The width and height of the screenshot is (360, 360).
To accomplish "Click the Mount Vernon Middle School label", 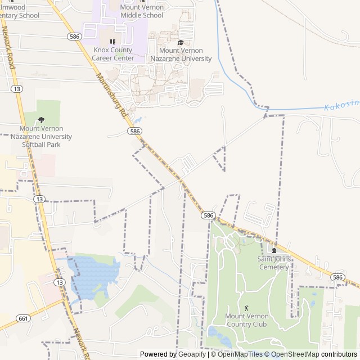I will click(x=142, y=11).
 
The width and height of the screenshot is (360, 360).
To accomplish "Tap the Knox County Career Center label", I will click(x=113, y=54).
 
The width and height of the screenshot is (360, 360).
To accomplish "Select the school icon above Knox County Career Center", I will click(x=112, y=42).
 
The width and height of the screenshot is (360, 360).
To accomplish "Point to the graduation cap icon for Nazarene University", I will click(x=181, y=43).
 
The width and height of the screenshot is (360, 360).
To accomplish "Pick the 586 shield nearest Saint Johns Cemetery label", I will click(x=337, y=277).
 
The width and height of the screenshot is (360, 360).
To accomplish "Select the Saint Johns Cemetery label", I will click(x=273, y=263).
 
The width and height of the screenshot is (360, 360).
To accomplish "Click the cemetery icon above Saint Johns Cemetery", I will click(x=274, y=251).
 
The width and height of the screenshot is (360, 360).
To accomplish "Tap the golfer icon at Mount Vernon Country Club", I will click(x=246, y=308).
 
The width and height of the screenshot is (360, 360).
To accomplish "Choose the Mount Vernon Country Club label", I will click(x=246, y=320).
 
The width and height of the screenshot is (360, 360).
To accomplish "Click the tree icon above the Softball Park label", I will click(x=41, y=120).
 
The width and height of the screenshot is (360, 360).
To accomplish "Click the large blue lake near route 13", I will click(x=90, y=276).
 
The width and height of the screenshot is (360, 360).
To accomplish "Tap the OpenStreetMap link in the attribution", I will click(x=293, y=354).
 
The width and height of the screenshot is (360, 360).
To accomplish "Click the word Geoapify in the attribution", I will click(x=192, y=354).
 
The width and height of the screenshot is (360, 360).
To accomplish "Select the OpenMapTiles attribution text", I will click(x=240, y=354).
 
